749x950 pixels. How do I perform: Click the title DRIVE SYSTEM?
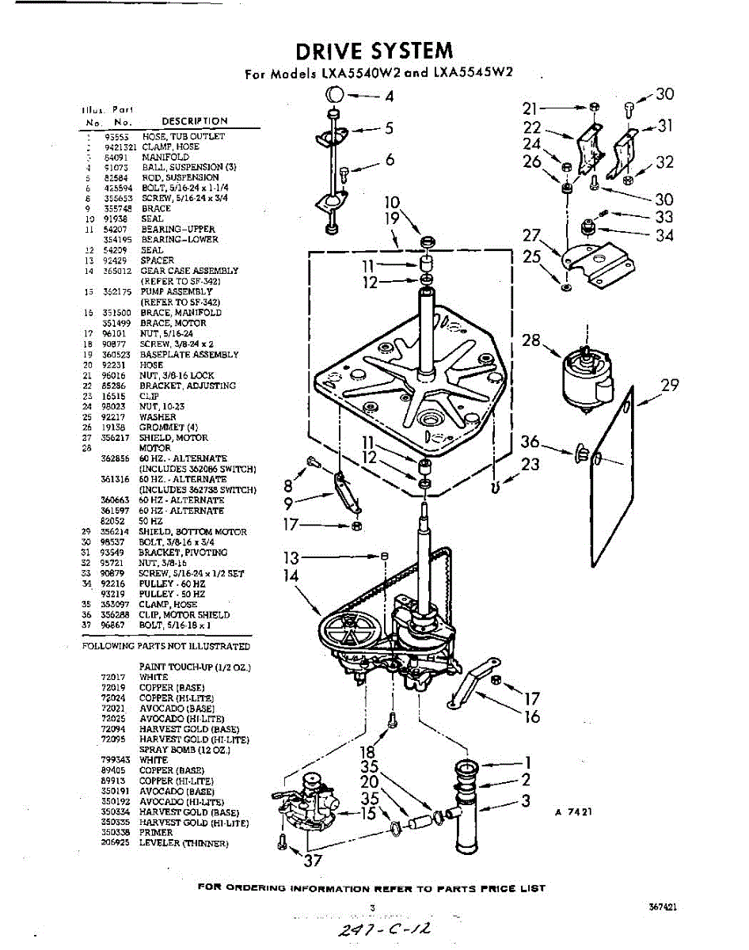[x=374, y=51]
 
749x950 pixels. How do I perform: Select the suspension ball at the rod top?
[x=334, y=96]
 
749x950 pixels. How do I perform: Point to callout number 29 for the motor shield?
[x=670, y=386]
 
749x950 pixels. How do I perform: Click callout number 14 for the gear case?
[x=291, y=576]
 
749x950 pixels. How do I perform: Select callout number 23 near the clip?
[x=530, y=465]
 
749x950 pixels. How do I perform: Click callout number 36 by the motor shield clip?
[x=530, y=443]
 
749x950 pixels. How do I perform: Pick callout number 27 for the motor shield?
[x=530, y=235]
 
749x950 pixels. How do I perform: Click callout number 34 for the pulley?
[x=664, y=235]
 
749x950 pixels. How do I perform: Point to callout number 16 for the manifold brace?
[x=532, y=716]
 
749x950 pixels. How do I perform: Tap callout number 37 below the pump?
[x=314, y=861]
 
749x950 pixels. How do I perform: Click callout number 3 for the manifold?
[x=525, y=800]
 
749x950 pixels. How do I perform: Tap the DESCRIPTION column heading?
[x=194, y=121]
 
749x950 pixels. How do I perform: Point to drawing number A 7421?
[x=573, y=812]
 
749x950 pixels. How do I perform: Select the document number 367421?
[x=661, y=908]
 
